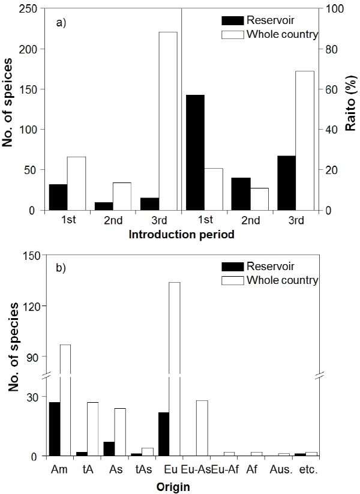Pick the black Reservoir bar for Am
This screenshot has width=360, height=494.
(54, 429)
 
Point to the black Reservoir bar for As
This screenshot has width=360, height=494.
(109, 449)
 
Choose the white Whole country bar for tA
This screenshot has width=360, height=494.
(92, 429)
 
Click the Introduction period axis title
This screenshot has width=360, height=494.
(181, 236)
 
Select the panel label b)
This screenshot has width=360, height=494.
(60, 267)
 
